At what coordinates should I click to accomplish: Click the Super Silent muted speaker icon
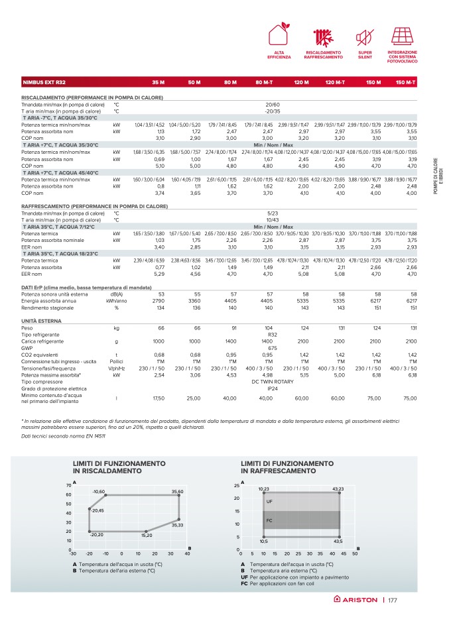364,36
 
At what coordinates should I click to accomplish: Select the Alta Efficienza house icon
279,36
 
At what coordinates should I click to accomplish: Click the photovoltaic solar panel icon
403,36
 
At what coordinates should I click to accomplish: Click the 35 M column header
158,82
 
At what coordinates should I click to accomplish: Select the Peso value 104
268,328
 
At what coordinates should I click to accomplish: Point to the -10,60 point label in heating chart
99,491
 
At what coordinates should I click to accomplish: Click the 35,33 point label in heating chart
177,525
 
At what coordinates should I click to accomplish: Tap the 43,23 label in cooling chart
338,489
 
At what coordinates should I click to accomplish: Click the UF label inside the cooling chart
269,502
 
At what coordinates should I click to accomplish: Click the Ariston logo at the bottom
355,600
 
